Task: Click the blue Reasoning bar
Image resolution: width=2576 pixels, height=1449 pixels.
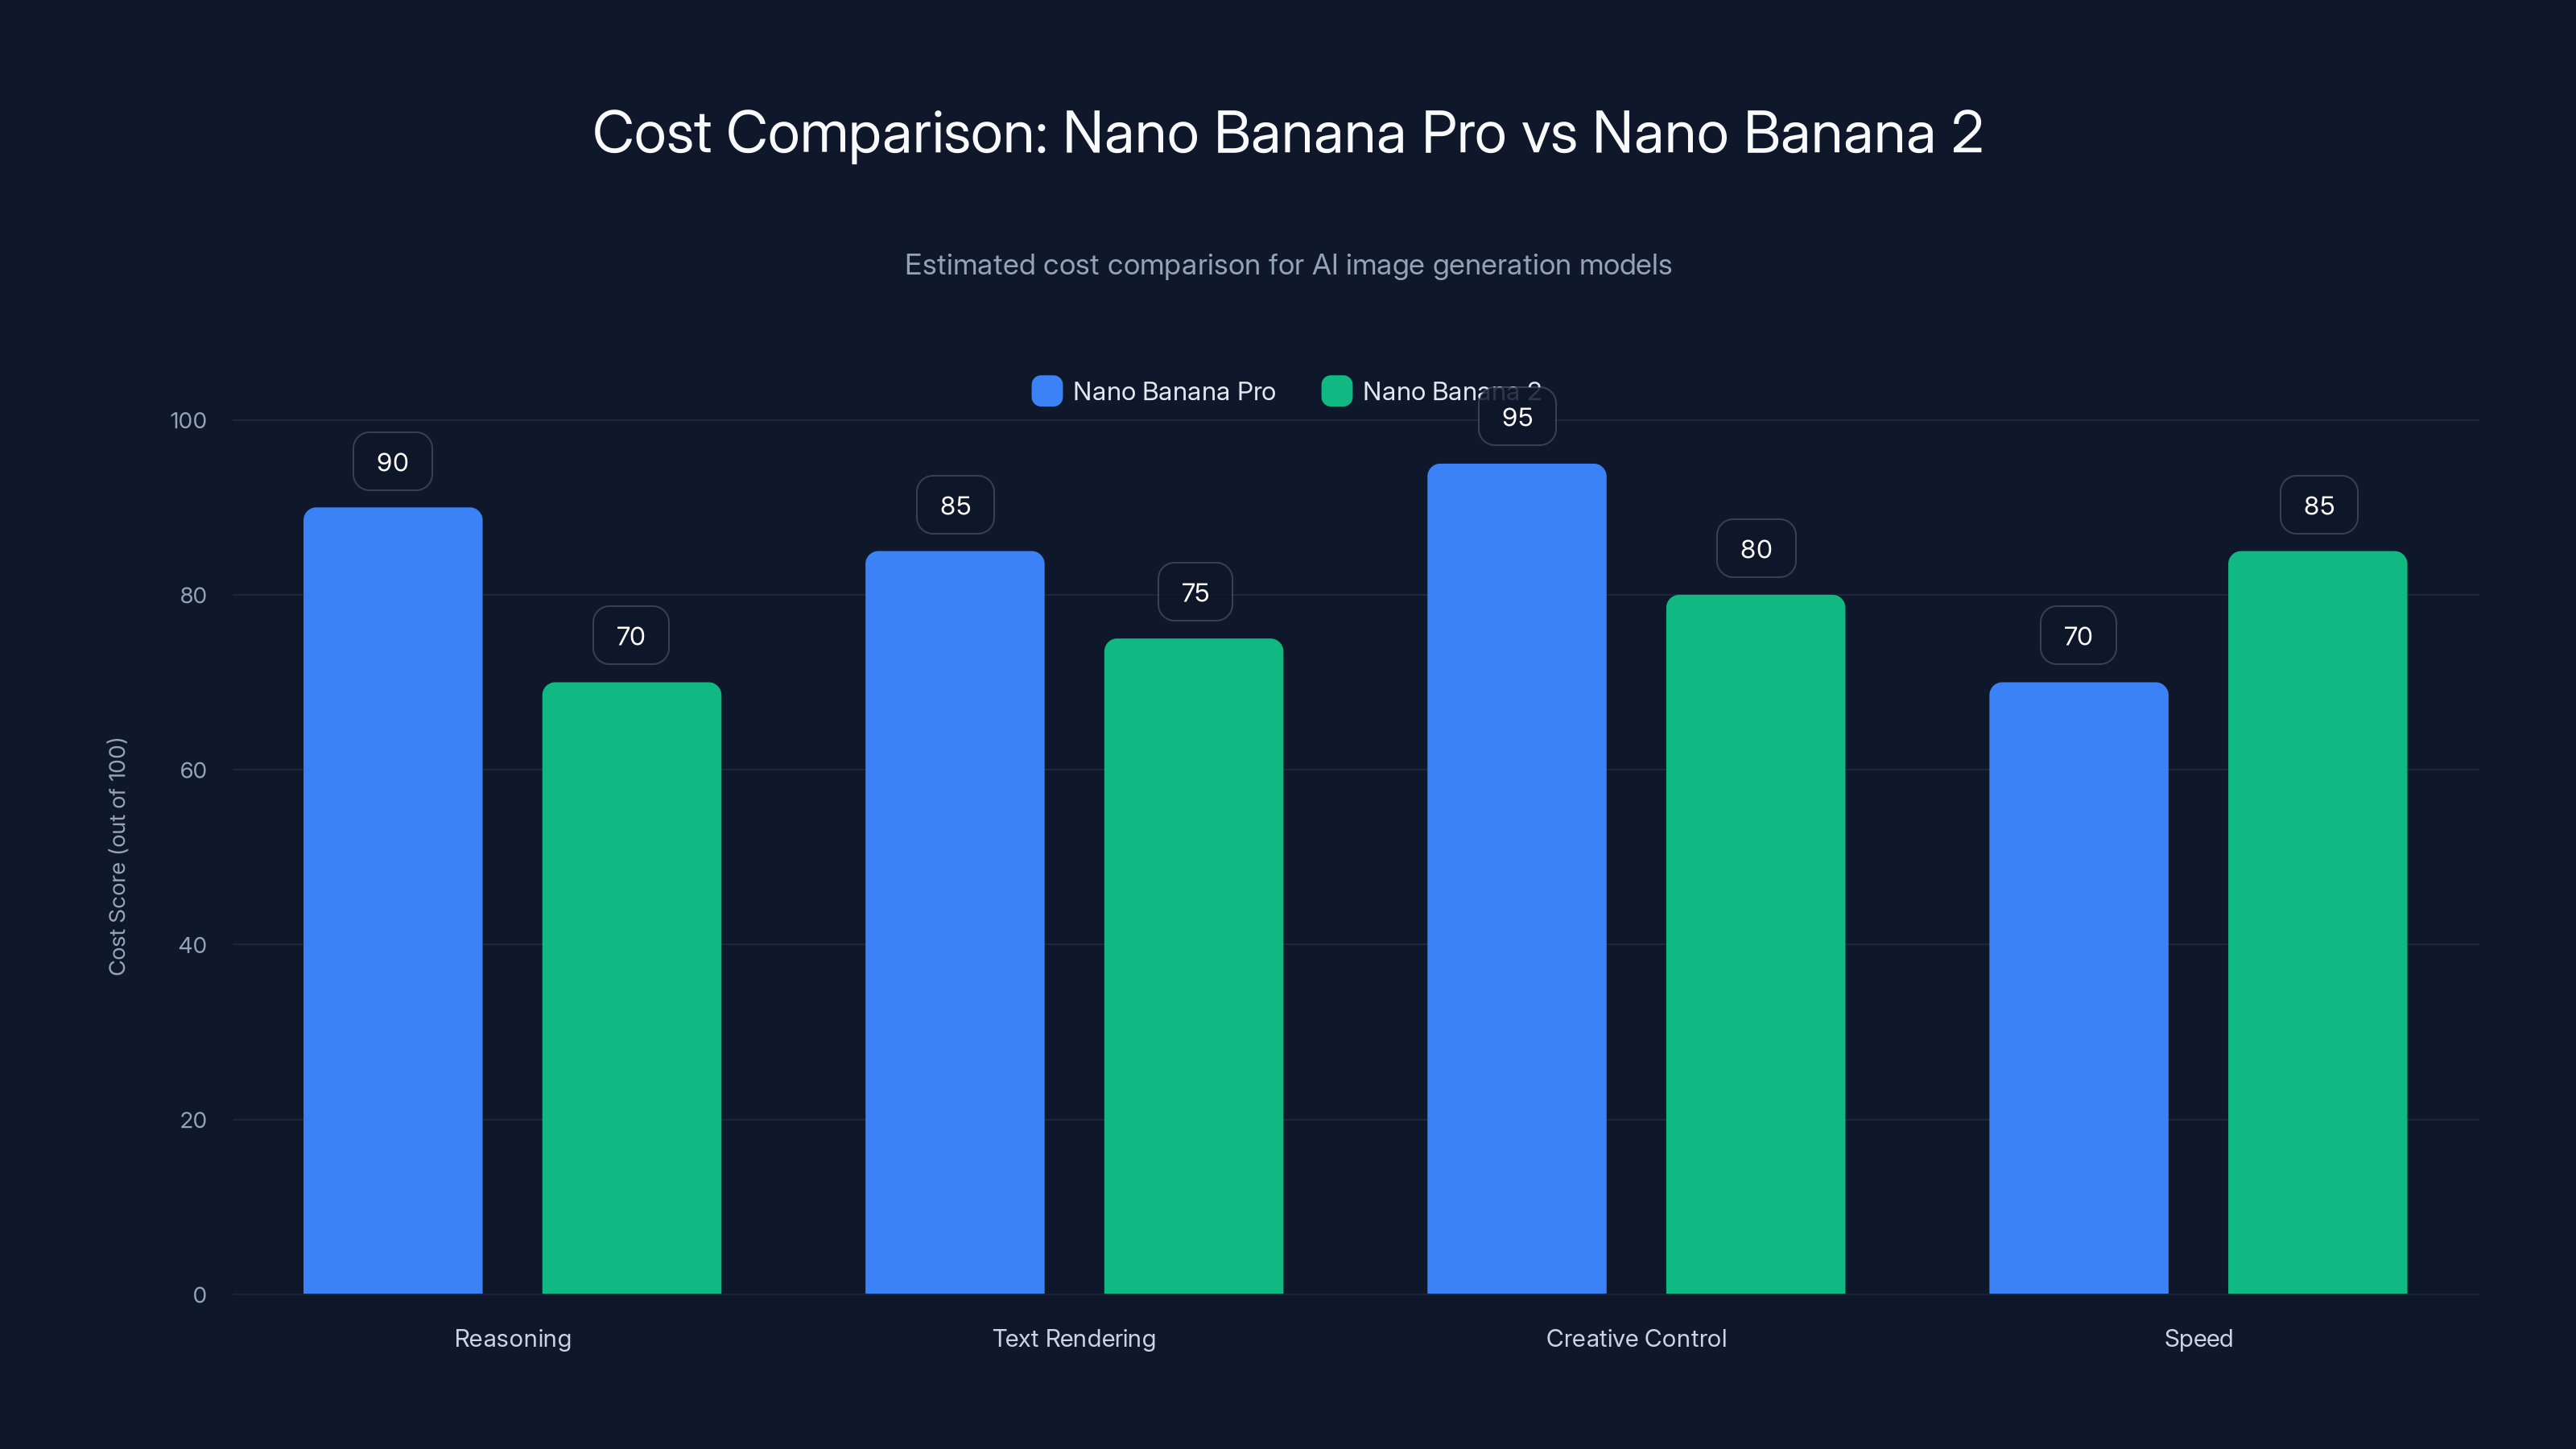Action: (392, 900)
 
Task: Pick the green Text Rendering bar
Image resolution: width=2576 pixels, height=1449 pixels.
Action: (1193, 966)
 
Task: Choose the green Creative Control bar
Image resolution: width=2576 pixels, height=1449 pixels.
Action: (1755, 944)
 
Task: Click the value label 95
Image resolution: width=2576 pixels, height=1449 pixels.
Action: (1517, 417)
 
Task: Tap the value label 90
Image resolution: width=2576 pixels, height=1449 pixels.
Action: (392, 462)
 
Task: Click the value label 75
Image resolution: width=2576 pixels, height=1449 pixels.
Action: (1195, 592)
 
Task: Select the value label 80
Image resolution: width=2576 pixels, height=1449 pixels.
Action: (1756, 549)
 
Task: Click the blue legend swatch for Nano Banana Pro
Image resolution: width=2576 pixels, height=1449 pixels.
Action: (1046, 391)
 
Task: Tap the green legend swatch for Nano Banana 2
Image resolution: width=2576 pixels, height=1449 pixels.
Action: (1336, 391)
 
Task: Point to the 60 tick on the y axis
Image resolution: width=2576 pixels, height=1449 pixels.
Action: (193, 770)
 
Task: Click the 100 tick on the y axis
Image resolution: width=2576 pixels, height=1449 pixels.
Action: (188, 420)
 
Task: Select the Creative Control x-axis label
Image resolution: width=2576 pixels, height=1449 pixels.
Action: (1636, 1338)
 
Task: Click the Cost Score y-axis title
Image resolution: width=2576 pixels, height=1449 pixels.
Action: (117, 856)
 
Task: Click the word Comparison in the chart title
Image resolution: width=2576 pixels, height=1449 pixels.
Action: (886, 132)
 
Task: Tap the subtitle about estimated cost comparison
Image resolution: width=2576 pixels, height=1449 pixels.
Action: (1288, 265)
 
